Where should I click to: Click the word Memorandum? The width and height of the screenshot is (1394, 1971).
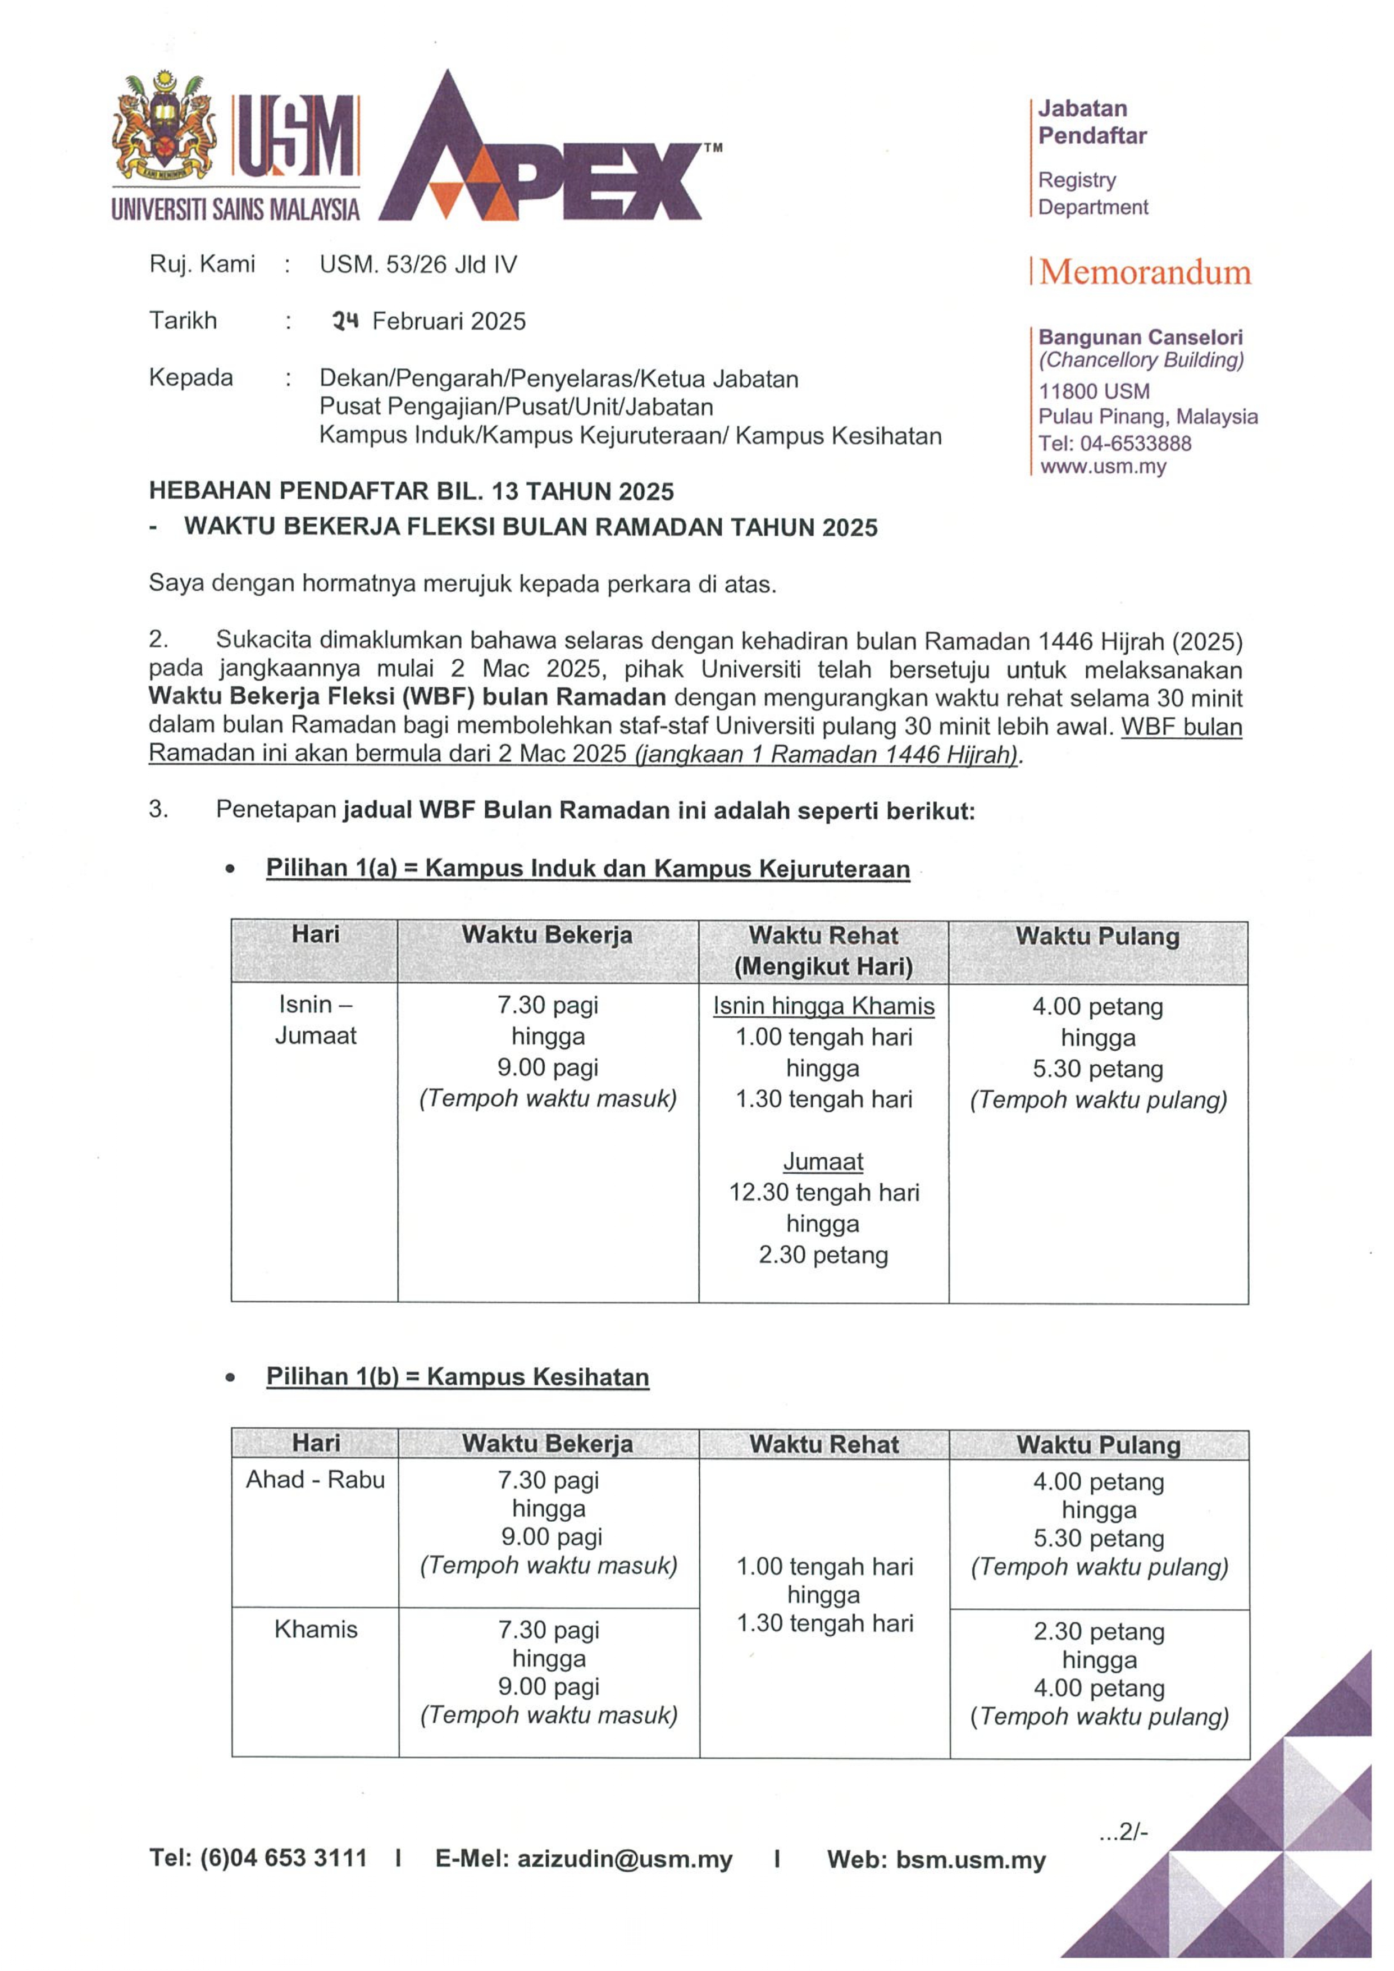point(1145,273)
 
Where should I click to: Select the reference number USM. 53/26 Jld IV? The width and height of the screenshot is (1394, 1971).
point(418,264)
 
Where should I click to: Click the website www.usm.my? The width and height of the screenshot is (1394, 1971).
point(1103,467)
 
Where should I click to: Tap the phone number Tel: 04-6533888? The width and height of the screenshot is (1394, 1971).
point(1115,443)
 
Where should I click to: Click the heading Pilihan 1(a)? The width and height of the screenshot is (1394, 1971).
point(331,868)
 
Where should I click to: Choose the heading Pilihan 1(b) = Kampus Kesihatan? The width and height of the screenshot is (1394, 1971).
point(458,1377)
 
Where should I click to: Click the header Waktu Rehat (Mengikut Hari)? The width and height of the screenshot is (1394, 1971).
point(823,951)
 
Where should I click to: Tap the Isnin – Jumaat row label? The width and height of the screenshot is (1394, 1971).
point(315,1020)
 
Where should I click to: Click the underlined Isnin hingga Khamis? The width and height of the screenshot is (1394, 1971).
point(823,1006)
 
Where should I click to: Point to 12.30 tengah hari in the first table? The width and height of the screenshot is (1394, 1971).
point(823,1192)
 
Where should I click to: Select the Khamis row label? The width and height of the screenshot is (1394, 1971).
point(315,1630)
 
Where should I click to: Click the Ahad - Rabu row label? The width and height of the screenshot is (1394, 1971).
point(315,1479)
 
